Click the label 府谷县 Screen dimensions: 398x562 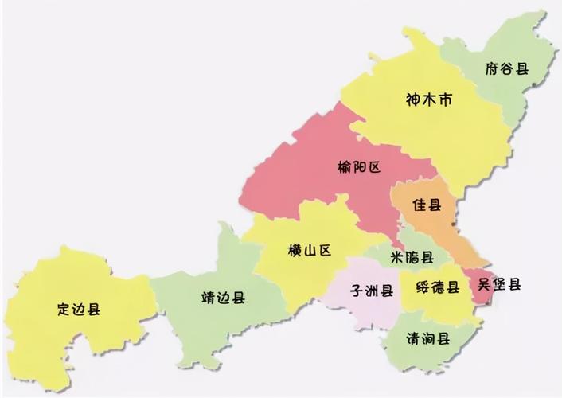(x=506, y=68)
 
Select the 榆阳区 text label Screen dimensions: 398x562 (x=361, y=167)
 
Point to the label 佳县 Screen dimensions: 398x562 (x=427, y=205)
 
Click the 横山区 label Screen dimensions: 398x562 (x=309, y=252)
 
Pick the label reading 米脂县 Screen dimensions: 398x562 (x=412, y=257)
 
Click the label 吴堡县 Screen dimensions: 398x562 (x=499, y=284)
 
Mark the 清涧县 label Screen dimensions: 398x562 (x=428, y=338)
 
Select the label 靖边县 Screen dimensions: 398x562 (x=223, y=298)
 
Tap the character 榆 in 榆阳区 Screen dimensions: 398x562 (x=344, y=167)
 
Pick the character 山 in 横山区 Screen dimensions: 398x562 (x=309, y=252)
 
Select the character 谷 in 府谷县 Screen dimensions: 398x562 (x=506, y=68)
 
